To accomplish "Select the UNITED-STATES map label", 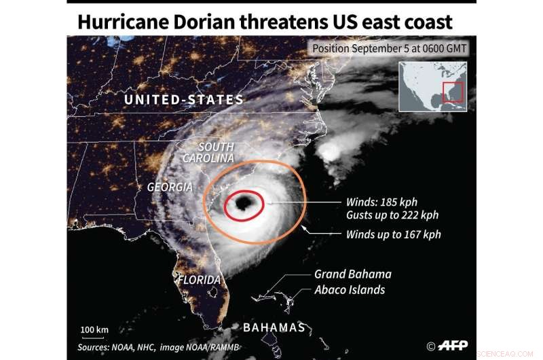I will [183, 100].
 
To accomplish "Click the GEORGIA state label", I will [170, 187].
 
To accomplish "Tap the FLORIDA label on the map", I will [200, 280].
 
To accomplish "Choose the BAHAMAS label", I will [274, 327].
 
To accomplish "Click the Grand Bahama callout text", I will [352, 274].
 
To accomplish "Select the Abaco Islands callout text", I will [350, 290].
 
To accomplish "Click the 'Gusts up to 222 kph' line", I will [392, 215].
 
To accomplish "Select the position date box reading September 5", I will [390, 49].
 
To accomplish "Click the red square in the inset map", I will [453, 92].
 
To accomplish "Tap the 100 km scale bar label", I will [94, 330].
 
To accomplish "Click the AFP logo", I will [453, 346].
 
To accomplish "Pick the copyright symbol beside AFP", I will [431, 346].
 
